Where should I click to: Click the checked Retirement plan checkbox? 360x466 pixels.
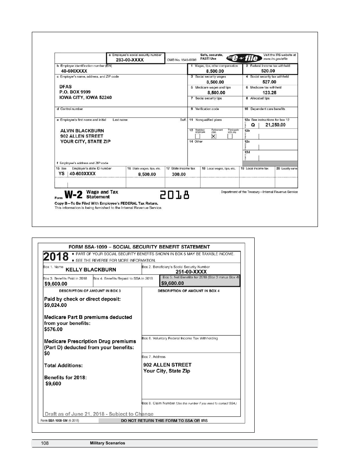[214, 136]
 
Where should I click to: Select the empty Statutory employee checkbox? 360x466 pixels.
[197, 136]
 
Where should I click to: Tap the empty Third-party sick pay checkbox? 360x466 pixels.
[230, 136]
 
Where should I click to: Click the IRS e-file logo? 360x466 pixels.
[244, 58]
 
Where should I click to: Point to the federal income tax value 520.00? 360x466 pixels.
[268, 71]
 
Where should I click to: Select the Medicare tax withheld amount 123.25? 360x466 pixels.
[269, 92]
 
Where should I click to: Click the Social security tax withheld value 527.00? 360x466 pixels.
[269, 82]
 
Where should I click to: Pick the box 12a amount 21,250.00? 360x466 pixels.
[275, 125]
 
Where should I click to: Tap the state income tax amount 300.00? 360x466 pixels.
[178, 174]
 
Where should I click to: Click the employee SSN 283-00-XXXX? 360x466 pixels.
[130, 60]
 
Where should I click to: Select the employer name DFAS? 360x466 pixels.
[66, 87]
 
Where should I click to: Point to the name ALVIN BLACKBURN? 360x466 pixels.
[82, 131]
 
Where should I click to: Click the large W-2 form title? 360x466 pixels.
[74, 195]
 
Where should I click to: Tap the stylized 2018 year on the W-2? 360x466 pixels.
[174, 195]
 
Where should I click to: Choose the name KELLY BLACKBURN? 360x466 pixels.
[91, 270]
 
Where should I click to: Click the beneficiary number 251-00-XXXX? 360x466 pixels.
[191, 272]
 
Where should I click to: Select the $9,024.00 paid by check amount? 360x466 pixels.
[55, 305]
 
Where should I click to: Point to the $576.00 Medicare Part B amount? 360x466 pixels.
[53, 329]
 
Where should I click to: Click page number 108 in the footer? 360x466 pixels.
[45, 443]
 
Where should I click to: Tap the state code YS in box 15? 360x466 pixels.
[61, 174]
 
